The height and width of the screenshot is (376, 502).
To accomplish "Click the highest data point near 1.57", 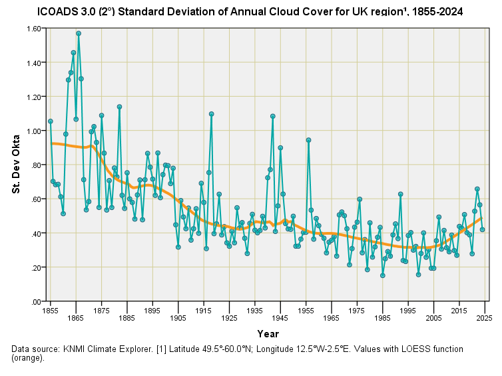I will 79,33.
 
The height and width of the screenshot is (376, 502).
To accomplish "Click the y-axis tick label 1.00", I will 31,131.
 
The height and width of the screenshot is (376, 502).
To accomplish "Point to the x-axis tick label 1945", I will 280,311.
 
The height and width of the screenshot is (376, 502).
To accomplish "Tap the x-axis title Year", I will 268,333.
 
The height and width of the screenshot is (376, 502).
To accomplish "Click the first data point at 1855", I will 50,121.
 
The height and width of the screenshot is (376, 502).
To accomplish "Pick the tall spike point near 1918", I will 211,113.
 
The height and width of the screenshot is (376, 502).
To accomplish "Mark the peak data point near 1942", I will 272,116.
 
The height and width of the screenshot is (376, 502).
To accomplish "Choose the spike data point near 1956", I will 308,140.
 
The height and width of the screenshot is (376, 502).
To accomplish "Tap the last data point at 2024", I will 482,229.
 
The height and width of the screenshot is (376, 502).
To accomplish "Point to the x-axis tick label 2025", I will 485,311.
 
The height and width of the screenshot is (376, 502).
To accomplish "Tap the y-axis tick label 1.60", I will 31,29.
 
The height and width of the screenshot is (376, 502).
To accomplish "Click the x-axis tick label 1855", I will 50,311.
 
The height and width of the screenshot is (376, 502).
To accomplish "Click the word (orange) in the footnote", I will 30,358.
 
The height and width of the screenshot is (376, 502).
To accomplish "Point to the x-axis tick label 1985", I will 382,311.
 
